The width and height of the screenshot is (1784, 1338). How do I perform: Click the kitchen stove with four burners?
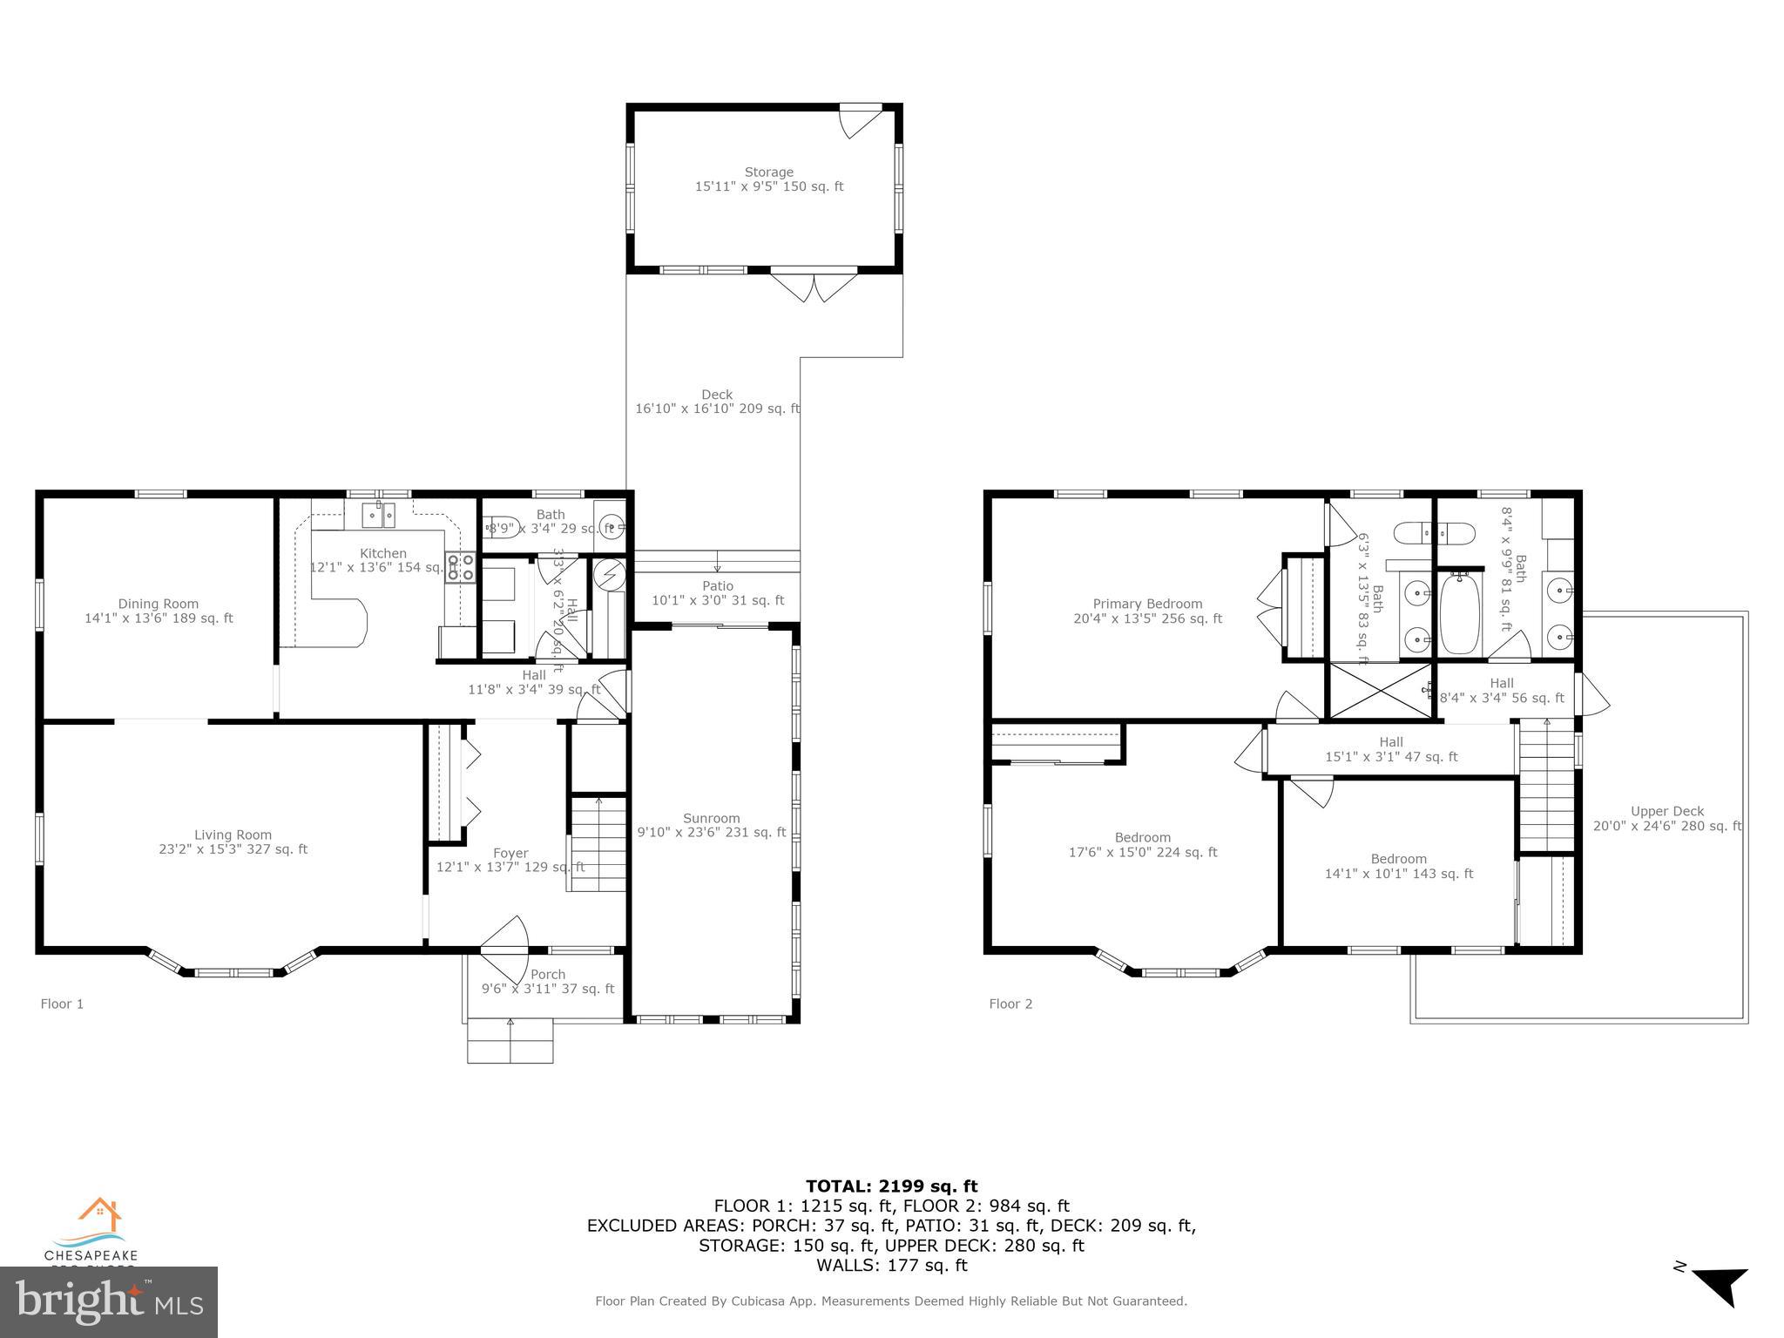click(461, 567)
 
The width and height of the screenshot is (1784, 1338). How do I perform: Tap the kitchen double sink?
click(380, 515)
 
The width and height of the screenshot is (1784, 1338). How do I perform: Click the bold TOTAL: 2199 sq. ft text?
click(891, 1186)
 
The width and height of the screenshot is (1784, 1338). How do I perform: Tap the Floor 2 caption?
click(1010, 1003)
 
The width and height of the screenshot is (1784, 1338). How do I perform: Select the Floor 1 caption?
click(62, 1003)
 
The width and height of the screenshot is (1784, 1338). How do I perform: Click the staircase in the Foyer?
click(598, 844)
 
